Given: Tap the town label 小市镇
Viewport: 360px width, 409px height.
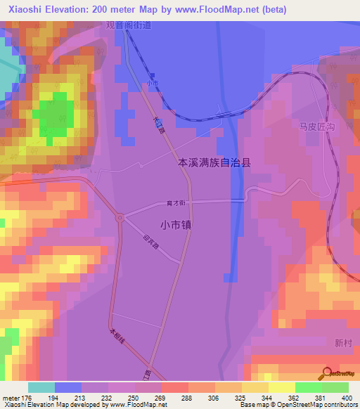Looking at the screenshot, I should tap(176, 226).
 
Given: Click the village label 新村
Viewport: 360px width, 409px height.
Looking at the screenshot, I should tap(343, 343).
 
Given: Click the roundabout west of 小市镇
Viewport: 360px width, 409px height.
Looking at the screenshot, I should tap(121, 219).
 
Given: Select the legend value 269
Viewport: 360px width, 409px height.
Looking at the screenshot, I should tap(161, 398).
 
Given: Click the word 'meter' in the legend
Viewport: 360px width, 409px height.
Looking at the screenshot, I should tap(11, 398).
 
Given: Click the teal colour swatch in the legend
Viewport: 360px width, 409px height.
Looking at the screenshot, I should tap(41, 387).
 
